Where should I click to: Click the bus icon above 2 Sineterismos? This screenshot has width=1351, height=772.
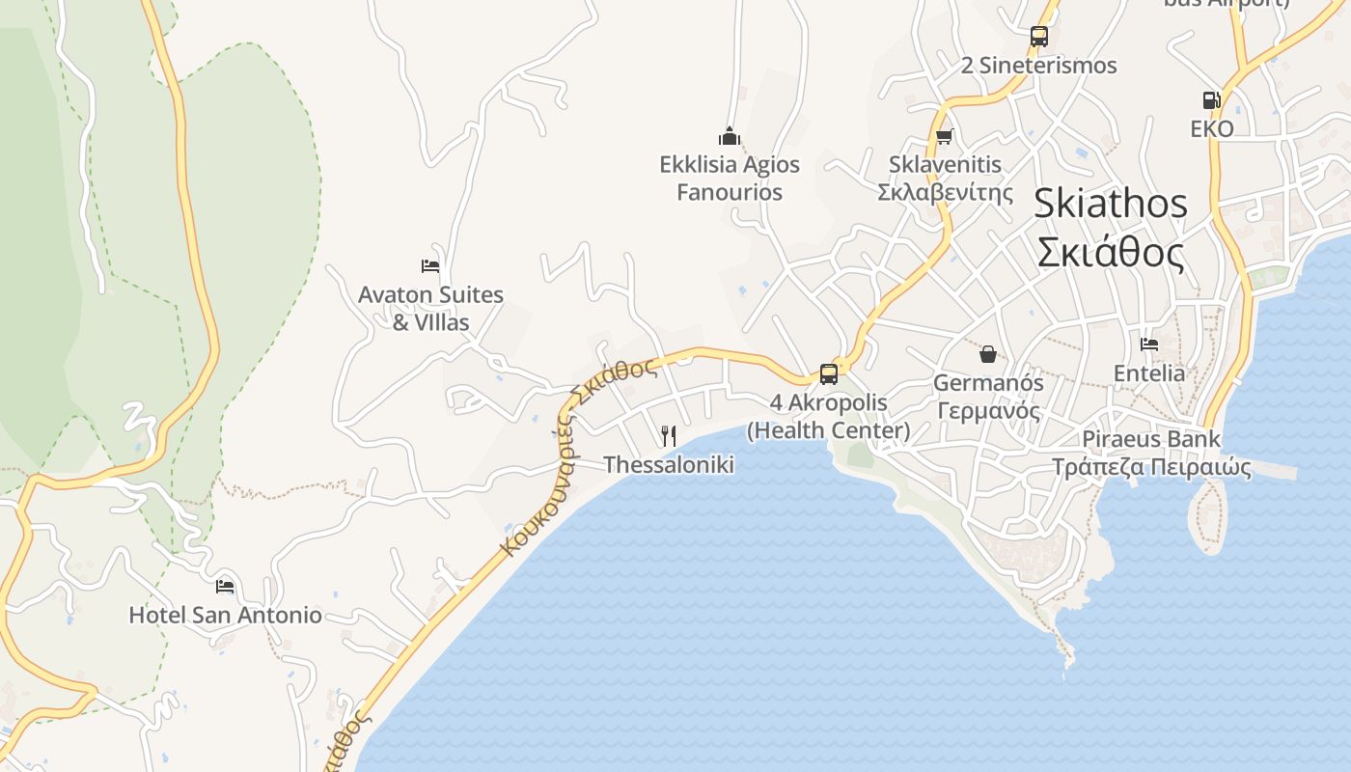[x=1038, y=37]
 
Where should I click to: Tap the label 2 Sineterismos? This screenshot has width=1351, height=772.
[x=1038, y=66]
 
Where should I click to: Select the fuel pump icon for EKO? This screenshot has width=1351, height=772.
[x=1211, y=100]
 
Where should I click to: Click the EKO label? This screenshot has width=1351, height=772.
[x=1211, y=129]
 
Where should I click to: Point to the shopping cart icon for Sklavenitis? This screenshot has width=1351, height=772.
[x=944, y=137]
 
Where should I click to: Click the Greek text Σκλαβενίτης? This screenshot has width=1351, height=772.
[x=945, y=192]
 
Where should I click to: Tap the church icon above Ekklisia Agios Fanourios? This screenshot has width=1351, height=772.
[x=730, y=136]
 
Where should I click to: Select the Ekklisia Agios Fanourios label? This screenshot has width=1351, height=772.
[x=730, y=178]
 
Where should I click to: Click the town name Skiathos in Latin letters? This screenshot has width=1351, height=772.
[x=1110, y=204]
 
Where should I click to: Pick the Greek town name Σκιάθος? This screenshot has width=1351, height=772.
[x=1110, y=253]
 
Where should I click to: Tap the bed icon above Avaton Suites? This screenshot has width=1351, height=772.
[x=430, y=266]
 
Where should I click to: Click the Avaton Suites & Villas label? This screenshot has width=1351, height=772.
[x=430, y=308]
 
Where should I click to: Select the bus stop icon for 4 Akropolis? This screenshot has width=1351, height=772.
[x=828, y=374]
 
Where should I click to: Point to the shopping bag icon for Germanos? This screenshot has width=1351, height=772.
[x=987, y=354]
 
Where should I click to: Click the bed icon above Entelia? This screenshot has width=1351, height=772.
[x=1148, y=344]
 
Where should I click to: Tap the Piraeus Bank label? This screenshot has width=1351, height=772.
[x=1150, y=439]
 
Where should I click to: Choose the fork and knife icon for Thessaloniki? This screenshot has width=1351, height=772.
[x=668, y=436]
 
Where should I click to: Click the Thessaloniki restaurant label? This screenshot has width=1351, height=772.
[x=668, y=465]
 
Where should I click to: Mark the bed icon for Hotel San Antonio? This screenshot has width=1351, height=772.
[x=225, y=586]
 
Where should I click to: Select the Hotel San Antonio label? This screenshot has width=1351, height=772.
[x=225, y=615]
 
